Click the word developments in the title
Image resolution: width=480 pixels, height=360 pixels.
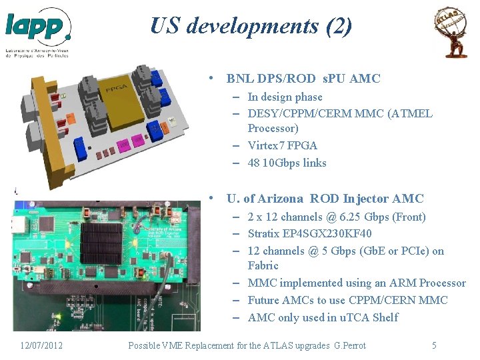tap(244, 26)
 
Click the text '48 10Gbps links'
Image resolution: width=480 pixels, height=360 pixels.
tap(287, 163)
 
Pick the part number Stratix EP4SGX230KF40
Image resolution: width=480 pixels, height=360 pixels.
tap(309, 233)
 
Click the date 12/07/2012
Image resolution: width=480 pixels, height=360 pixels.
tap(41, 345)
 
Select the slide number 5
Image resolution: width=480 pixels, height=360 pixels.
tap(434, 345)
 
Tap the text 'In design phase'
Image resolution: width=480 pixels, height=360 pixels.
tap(285, 97)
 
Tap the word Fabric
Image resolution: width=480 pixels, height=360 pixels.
tap(263, 265)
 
